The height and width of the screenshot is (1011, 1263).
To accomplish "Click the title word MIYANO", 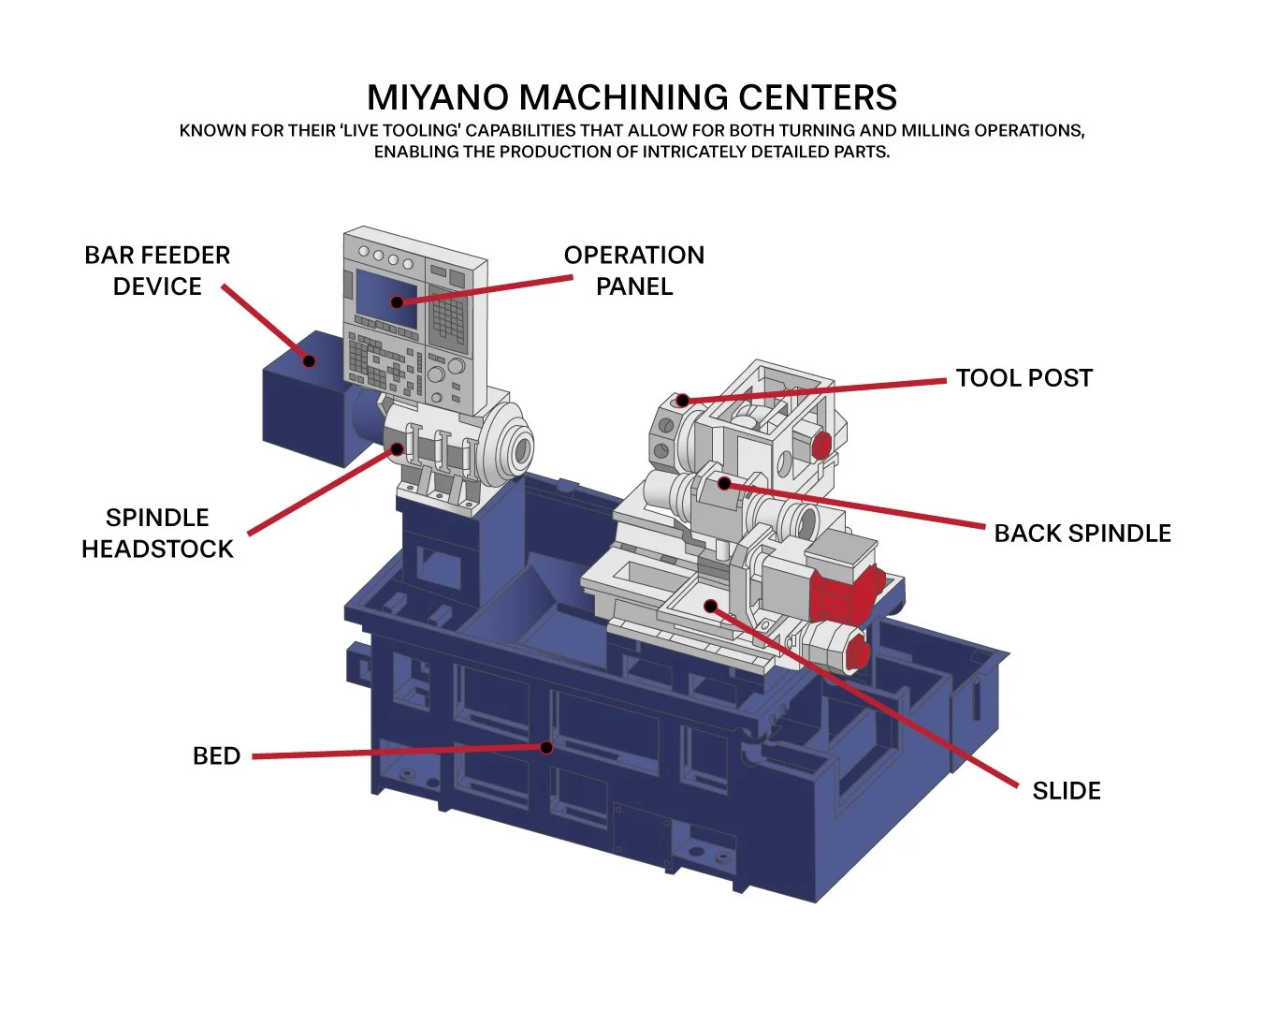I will pos(438,98).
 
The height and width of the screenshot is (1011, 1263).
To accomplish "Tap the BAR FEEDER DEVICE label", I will pos(157,271).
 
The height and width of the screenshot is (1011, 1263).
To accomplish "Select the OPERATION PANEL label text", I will pos(633,271).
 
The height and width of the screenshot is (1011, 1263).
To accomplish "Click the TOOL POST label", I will pos(1023,378).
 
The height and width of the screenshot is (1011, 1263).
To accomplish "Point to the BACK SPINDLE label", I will pos(1082,534).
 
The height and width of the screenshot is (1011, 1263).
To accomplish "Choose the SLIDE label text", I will pos(1066,791).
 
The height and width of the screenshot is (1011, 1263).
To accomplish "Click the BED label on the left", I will pos(216,756).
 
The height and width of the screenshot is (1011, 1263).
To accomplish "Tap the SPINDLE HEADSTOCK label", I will pos(157,533).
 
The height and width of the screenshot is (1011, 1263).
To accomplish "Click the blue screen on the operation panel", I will pos(386,297).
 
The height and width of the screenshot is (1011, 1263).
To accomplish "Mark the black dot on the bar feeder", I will pos(309,360).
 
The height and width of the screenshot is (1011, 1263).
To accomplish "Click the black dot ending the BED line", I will pos(546,747).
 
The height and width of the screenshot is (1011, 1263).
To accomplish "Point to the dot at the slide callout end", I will pos(710,607).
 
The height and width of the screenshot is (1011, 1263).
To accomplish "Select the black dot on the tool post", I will pos(682,401).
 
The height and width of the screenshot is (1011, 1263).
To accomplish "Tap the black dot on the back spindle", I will pos(723,484).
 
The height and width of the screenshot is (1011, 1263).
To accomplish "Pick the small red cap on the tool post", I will pos(820,446).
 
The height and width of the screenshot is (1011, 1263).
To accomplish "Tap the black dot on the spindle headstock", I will pos(397,449).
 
